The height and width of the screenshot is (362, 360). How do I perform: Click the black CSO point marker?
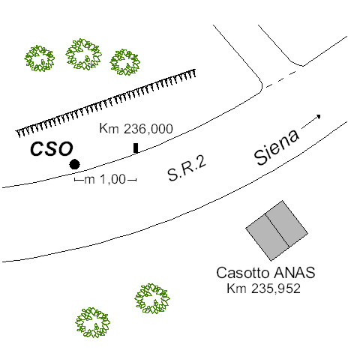tap(74, 164)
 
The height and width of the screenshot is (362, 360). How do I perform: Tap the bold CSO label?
tap(52, 149)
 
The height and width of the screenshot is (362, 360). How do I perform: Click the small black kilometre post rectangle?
tap(136, 148)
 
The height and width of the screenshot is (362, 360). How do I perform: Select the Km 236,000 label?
tap(136, 129)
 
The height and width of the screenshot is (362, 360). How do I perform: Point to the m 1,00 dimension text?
tap(105, 179)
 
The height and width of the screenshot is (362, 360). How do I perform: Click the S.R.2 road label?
tap(187, 168)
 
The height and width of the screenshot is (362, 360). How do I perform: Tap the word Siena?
tap(277, 148)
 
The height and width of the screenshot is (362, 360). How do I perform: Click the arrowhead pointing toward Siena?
tap(319, 116)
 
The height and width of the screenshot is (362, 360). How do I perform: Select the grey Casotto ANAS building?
tap(277, 231)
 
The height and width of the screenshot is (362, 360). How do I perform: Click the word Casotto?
tap(244, 273)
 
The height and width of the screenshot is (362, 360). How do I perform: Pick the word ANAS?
tap(295, 273)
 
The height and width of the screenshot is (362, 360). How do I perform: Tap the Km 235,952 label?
tap(263, 289)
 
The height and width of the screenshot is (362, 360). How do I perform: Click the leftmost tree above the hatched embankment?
tap(40, 58)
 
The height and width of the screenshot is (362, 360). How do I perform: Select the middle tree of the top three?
tap(83, 54)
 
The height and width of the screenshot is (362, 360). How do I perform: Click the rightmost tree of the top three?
tap(124, 62)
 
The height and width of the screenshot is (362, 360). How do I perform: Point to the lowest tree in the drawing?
tap(93, 322)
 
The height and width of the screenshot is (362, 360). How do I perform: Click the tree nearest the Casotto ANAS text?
tap(152, 298)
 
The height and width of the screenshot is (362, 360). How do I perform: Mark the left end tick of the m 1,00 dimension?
tap(75, 180)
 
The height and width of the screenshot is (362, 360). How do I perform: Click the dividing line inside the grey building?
tap(277, 230)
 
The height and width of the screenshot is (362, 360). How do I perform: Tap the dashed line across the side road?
tap(281, 79)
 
